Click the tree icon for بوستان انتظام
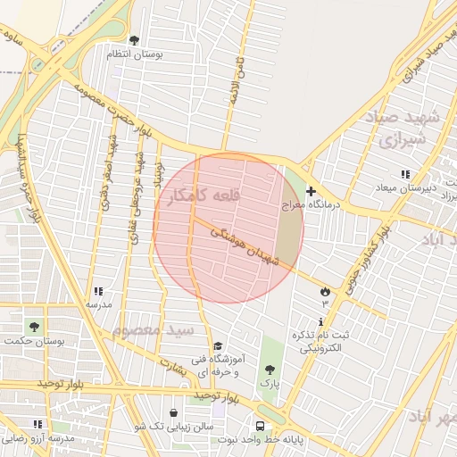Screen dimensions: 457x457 pyautogui.click(x=135, y=40)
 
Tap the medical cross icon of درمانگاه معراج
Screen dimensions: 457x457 pyautogui.click(x=312, y=191)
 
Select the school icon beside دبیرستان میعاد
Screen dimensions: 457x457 pyautogui.click(x=405, y=174)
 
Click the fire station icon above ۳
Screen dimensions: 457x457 pyautogui.click(x=324, y=291)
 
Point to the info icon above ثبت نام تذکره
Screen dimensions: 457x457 pyautogui.click(x=321, y=321)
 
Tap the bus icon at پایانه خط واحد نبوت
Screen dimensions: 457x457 pyautogui.click(x=260, y=426)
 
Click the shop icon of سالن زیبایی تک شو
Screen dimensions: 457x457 pyautogui.click(x=173, y=413)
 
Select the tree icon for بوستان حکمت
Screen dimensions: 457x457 pyautogui.click(x=35, y=327)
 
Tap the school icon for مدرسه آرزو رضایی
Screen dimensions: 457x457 pyautogui.click(x=37, y=424)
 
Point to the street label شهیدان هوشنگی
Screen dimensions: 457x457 pyautogui.click(x=245, y=245)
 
